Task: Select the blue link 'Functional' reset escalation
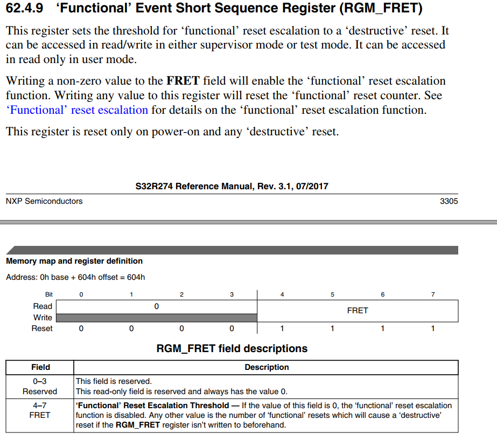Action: (x=77, y=110)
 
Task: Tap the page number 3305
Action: (x=449, y=201)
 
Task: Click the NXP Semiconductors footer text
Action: (x=44, y=201)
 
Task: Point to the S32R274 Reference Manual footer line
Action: (x=232, y=187)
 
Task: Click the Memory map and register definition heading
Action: (x=74, y=261)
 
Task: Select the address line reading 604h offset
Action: (x=75, y=277)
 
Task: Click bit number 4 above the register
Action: (x=282, y=294)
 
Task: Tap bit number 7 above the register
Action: (x=433, y=294)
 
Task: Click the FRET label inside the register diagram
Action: (x=358, y=311)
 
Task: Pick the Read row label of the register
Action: (x=43, y=306)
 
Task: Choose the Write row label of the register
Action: (x=43, y=318)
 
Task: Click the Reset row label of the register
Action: (x=42, y=328)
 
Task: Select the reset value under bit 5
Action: (x=332, y=328)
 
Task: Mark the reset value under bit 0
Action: (x=81, y=328)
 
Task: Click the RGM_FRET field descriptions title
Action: (x=232, y=348)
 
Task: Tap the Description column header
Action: (x=267, y=367)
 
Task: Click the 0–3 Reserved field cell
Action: (x=40, y=386)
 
